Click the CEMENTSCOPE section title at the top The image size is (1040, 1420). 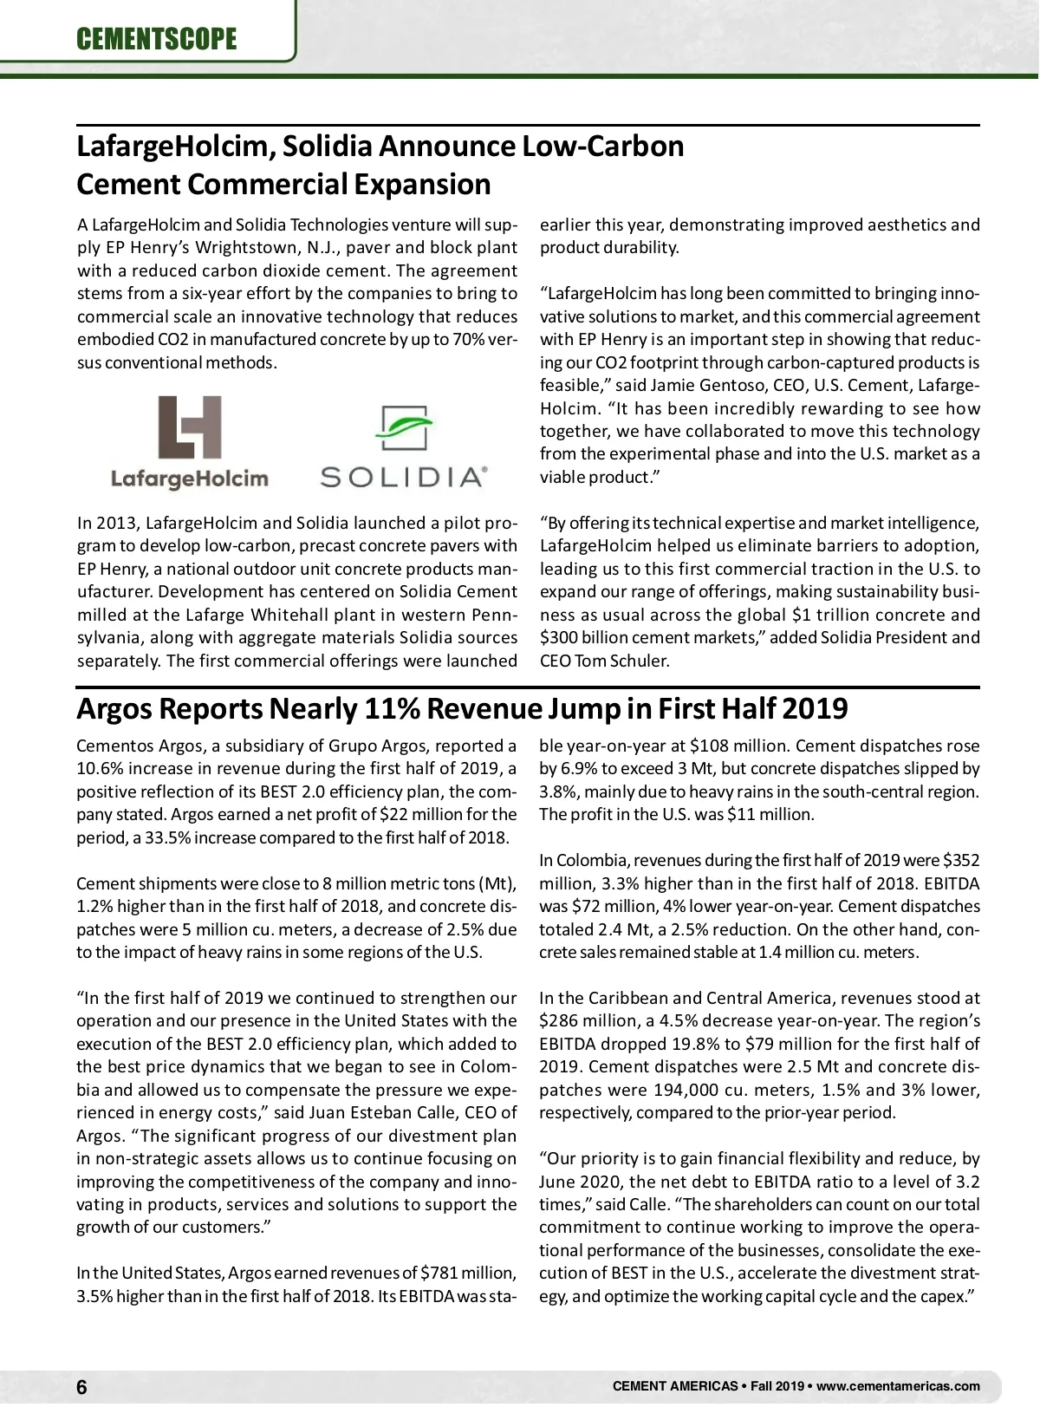point(156,39)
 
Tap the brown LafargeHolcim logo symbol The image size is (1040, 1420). point(190,427)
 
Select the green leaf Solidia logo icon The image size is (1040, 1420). point(404,428)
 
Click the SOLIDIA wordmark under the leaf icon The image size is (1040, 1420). point(404,477)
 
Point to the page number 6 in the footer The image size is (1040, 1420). point(81,1388)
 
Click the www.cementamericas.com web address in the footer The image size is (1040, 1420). point(898,1386)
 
